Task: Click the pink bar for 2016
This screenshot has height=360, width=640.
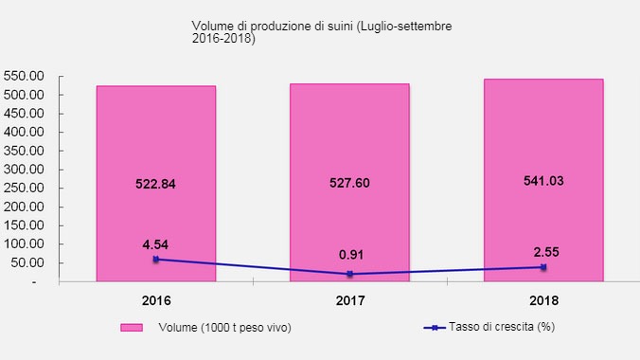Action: click(156, 142)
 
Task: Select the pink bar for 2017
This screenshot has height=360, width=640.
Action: click(349, 142)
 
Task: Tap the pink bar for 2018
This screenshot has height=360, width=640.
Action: click(543, 142)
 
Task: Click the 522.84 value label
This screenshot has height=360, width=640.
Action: click(155, 184)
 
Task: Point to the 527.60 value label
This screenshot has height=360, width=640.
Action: click(349, 184)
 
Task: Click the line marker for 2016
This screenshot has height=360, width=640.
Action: click(156, 259)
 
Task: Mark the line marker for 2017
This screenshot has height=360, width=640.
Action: click(349, 274)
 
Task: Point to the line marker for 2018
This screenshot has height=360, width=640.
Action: click(543, 267)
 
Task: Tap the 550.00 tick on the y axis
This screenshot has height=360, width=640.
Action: click(26, 76)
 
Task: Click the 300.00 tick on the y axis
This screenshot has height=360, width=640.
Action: click(26, 170)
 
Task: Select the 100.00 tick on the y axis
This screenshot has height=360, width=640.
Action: click(26, 244)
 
